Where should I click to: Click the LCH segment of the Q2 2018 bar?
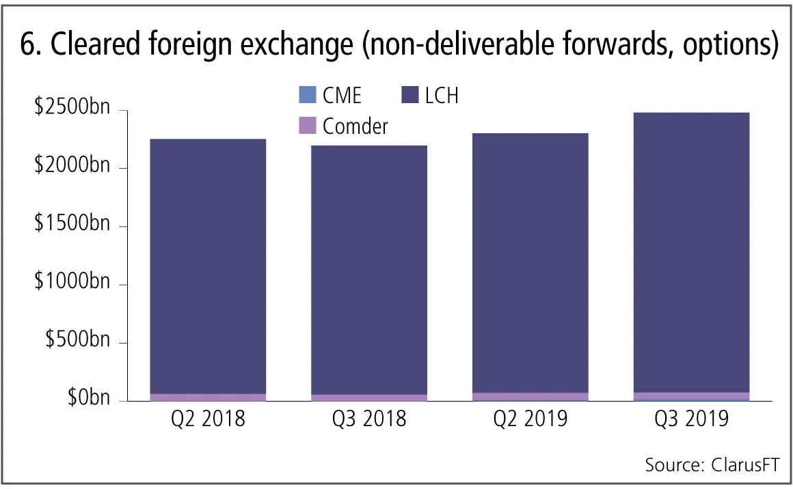coord(208,266)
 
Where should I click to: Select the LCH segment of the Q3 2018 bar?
coord(369,270)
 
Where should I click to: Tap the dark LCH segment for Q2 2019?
coord(530,263)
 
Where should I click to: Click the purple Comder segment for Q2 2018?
coord(208,397)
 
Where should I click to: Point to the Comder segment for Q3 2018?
coord(369,397)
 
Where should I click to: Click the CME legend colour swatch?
coord(308,95)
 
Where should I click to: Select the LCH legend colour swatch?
coord(410,95)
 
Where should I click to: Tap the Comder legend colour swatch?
coord(308,126)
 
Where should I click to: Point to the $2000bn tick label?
coord(72,167)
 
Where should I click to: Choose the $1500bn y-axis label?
coord(72,225)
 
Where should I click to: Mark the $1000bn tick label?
coord(72,283)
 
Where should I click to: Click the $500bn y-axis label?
coord(77,341)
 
